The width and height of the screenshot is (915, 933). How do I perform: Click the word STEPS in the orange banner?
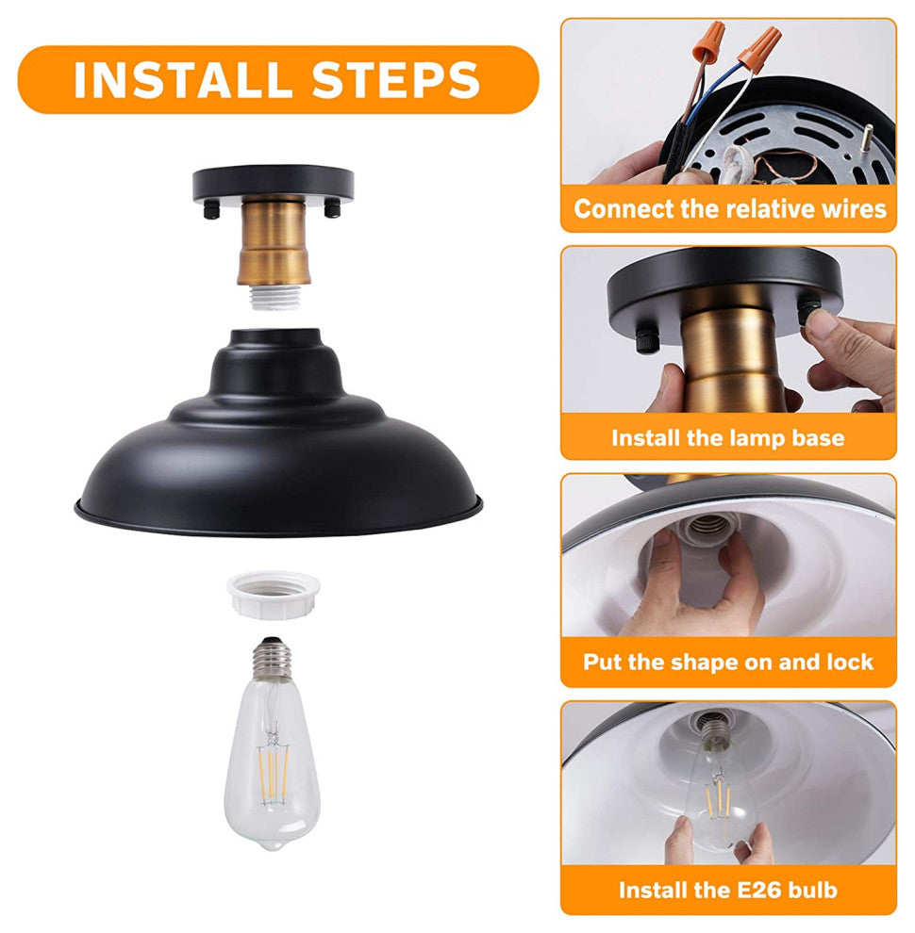tap(396, 80)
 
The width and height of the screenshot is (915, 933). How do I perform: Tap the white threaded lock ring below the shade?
tap(274, 595)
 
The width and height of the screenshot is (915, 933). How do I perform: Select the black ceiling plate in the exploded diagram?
tap(274, 184)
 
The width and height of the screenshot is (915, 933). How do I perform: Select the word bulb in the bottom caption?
tap(812, 891)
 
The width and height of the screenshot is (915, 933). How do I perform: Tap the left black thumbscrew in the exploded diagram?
tap(211, 210)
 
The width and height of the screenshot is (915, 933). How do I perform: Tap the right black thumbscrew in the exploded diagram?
tap(332, 209)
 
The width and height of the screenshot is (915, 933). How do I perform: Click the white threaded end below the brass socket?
tap(274, 296)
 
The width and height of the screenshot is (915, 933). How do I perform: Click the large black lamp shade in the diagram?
tap(278, 434)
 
